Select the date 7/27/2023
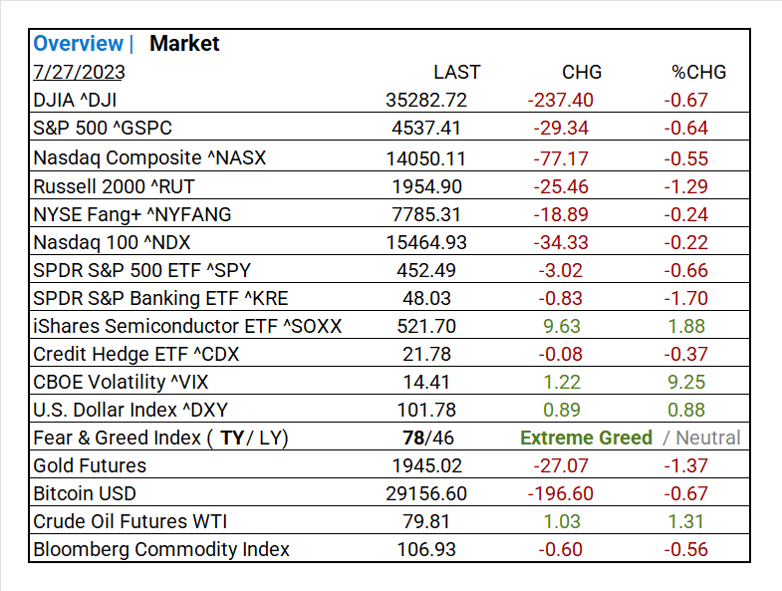(x=79, y=72)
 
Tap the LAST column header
(x=456, y=72)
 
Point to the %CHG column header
(x=698, y=72)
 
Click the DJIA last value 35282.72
(x=426, y=100)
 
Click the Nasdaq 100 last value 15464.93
(x=426, y=242)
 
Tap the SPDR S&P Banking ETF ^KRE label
(x=160, y=298)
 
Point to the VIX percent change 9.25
(x=687, y=382)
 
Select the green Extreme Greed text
(x=587, y=438)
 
